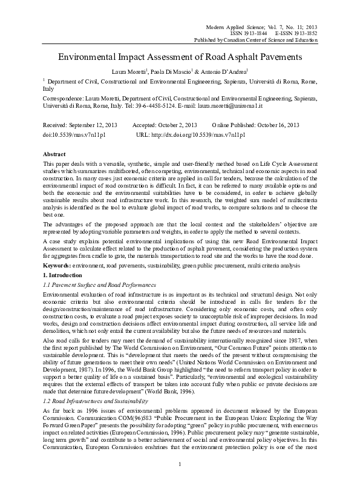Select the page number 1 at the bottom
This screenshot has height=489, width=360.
click(180, 463)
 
